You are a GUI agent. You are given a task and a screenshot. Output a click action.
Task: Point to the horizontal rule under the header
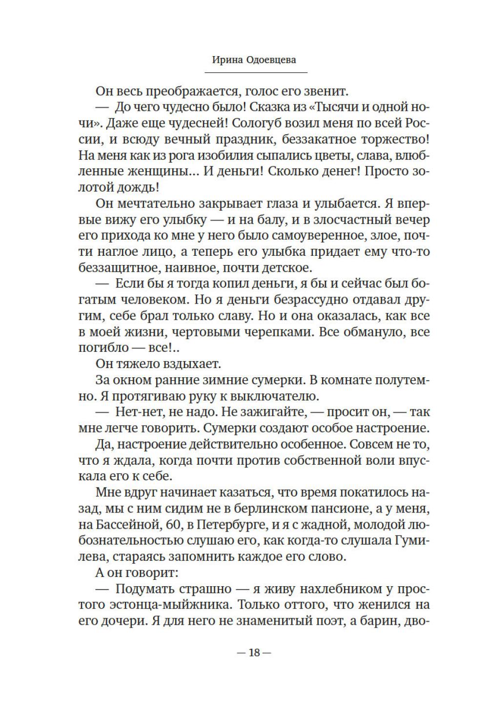[256, 73]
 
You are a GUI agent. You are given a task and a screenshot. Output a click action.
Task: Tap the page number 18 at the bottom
[254, 653]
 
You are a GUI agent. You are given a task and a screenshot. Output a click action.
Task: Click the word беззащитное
[121, 268]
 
